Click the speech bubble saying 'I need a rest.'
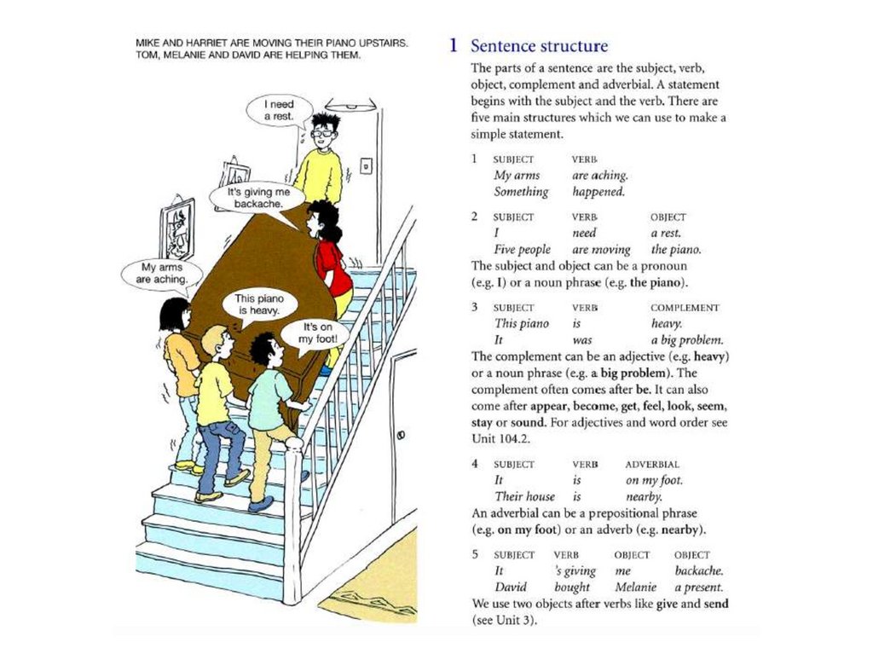[x=276, y=110]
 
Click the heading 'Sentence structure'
[x=539, y=46]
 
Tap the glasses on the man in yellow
[x=322, y=132]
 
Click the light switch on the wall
[x=366, y=165]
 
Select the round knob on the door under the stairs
[x=400, y=437]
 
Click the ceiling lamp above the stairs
[x=350, y=105]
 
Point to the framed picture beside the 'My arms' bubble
[x=176, y=228]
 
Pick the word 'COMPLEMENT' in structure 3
[x=684, y=308]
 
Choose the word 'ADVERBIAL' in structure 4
[x=652, y=465]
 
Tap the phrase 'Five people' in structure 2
[x=523, y=250]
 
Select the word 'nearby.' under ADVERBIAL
[x=644, y=496]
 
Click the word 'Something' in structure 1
[x=521, y=192]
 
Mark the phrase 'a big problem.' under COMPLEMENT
[x=686, y=339]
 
